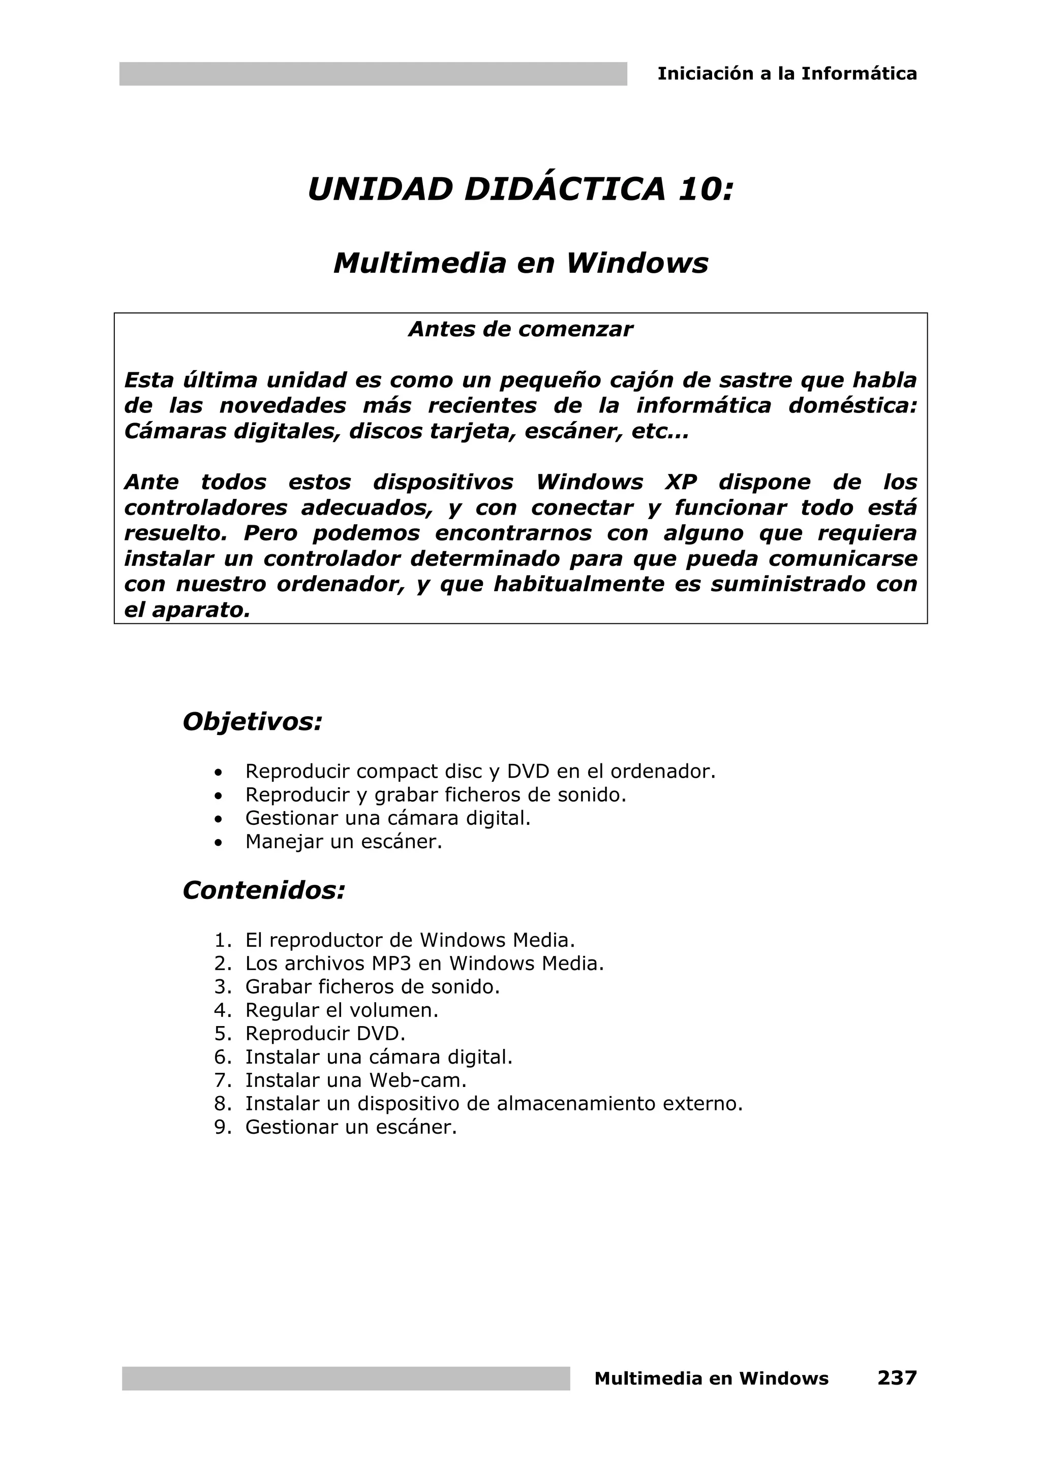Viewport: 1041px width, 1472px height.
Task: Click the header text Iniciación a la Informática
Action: [787, 74]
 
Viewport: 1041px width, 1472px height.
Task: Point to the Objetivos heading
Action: [252, 722]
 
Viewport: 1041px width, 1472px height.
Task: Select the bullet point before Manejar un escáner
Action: [220, 843]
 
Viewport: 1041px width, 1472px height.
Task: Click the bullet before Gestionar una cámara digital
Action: [220, 819]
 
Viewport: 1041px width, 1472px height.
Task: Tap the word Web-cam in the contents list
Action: [417, 1080]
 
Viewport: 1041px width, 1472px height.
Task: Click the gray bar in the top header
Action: [373, 74]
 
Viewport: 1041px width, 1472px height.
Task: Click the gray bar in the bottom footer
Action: [346, 1379]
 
